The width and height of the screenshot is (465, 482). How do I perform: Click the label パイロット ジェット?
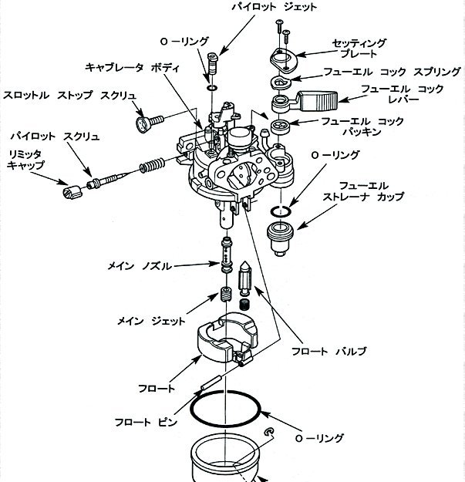tap(274, 7)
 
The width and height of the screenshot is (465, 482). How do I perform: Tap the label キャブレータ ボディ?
tap(132, 68)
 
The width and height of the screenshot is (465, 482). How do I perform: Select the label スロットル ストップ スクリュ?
tap(69, 96)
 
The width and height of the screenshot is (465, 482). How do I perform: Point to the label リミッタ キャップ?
tap(25, 160)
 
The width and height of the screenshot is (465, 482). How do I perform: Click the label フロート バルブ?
tap(329, 351)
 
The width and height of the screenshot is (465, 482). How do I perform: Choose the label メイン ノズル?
tap(140, 266)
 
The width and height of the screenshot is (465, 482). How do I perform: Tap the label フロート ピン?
tap(146, 422)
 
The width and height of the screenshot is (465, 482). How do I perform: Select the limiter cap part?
tap(72, 193)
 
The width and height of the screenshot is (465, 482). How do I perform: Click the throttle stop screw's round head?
tap(143, 124)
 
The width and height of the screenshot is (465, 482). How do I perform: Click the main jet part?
tap(226, 295)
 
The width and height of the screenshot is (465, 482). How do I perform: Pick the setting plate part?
tap(285, 61)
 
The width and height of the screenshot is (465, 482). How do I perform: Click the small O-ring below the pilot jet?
tap(212, 88)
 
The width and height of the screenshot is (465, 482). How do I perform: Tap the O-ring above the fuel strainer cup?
tap(281, 211)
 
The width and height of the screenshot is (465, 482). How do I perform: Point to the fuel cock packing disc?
tap(281, 126)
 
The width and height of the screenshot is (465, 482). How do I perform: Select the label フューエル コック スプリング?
tap(392, 72)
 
